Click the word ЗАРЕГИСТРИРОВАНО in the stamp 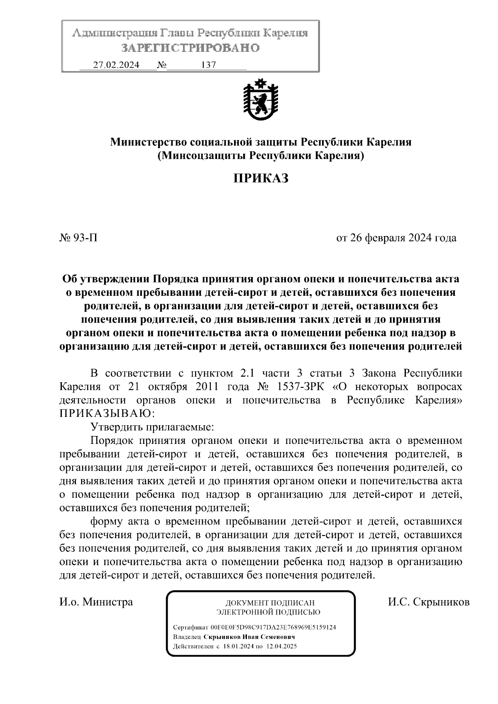(190, 48)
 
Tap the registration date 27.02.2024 (116, 65)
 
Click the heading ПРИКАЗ (260, 178)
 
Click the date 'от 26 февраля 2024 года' (396, 238)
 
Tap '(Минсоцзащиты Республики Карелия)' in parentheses (261, 156)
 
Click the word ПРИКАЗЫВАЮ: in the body (107, 414)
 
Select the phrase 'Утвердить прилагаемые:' (152, 427)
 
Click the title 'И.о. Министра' (96, 602)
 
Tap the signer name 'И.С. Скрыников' (429, 602)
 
